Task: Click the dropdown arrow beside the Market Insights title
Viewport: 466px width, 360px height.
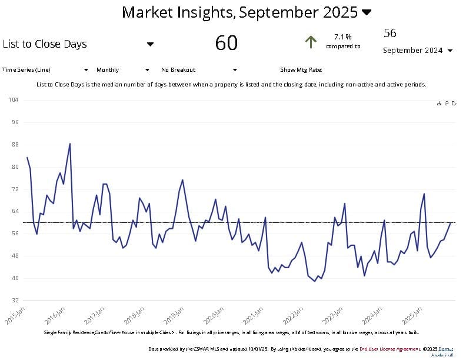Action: tap(367, 12)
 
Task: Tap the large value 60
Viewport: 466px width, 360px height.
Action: tap(227, 43)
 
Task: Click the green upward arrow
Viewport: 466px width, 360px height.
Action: tap(311, 42)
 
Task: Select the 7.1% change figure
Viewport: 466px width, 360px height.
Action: tap(342, 36)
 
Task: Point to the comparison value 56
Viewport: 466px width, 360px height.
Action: tap(390, 33)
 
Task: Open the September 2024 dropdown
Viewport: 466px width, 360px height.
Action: tap(450, 51)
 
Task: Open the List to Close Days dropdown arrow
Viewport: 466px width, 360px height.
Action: tap(150, 44)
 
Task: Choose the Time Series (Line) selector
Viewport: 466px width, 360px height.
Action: tap(46, 69)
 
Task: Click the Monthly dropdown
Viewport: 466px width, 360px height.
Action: tap(122, 69)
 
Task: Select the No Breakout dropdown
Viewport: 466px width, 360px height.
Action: tap(198, 69)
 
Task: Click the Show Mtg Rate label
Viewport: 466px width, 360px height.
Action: tap(301, 69)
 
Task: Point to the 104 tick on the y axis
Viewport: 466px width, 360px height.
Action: tap(14, 100)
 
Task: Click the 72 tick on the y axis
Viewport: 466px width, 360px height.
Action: tap(15, 189)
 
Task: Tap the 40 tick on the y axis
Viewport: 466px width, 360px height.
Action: tap(15, 278)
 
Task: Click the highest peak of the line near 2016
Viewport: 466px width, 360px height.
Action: tap(70, 144)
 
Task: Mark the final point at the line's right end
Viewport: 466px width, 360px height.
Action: tap(451, 222)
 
